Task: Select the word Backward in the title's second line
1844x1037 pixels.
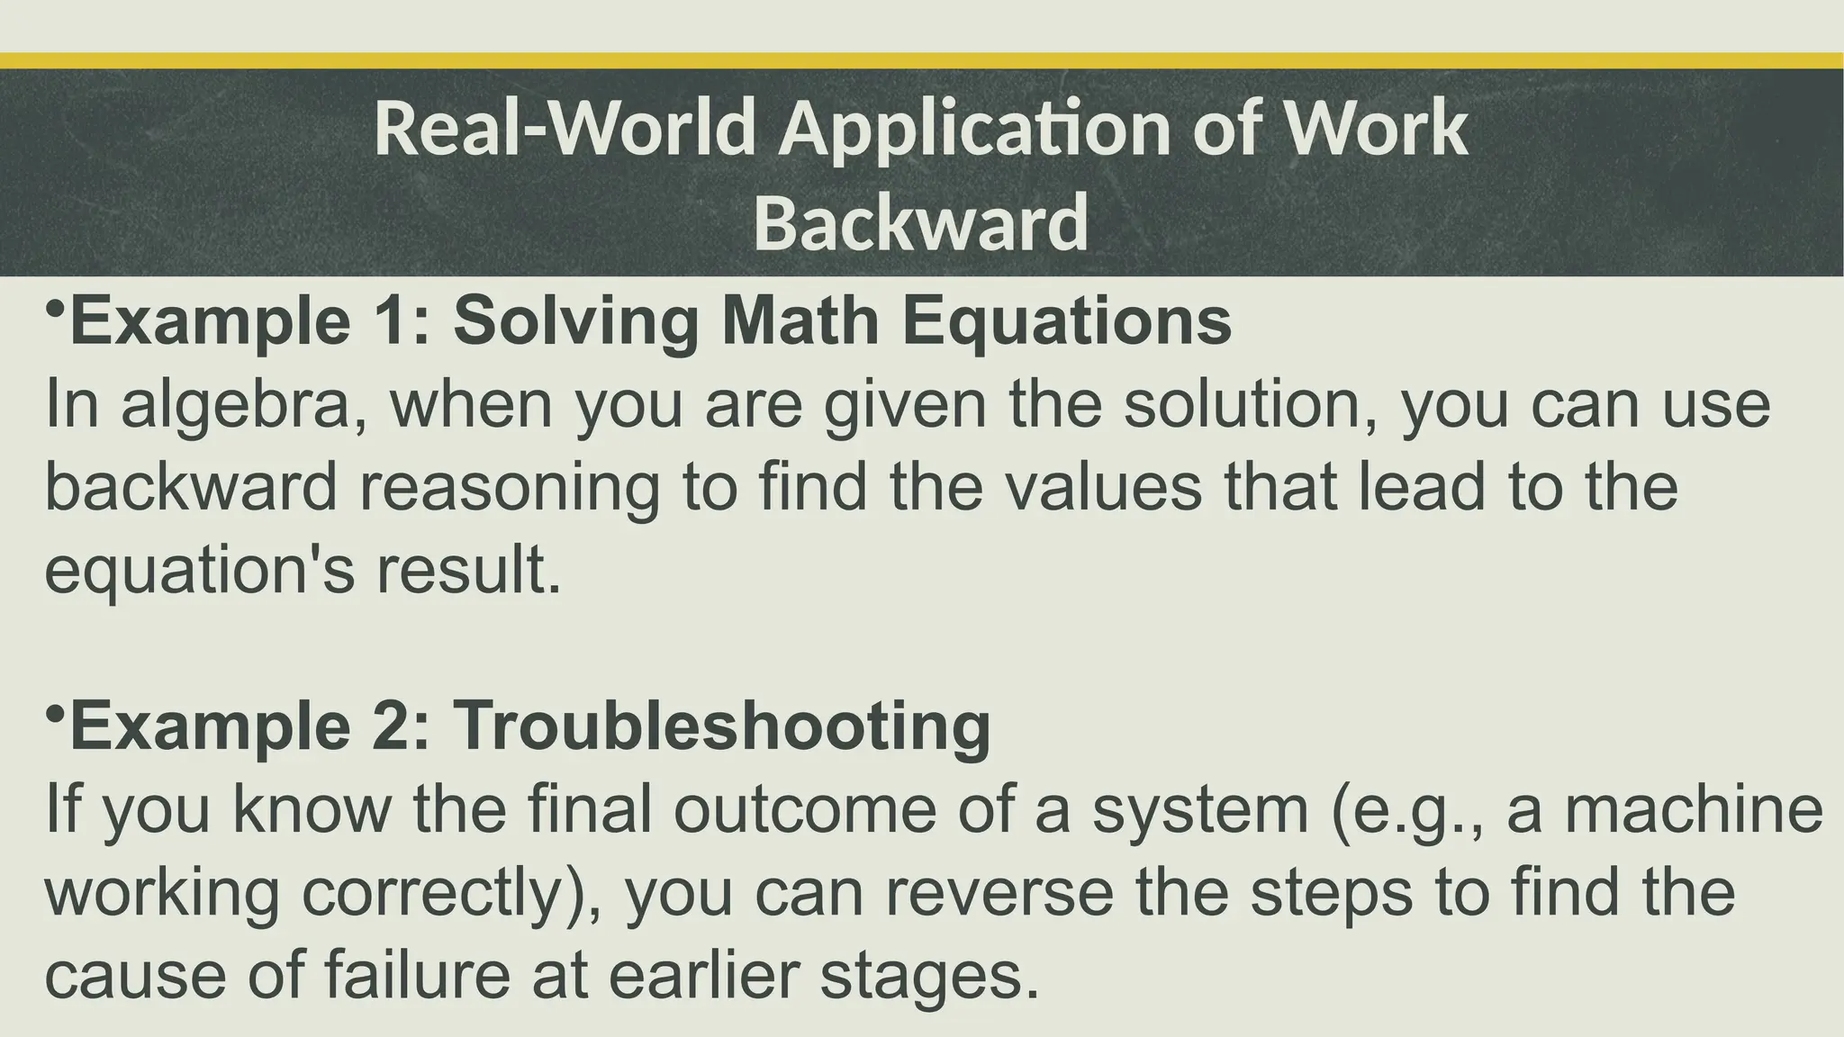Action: [921, 223]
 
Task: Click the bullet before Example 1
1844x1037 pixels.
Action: [55, 309]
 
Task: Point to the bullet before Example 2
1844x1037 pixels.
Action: [55, 714]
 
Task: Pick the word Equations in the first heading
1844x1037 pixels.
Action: [1067, 322]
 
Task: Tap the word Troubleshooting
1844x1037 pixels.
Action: [721, 726]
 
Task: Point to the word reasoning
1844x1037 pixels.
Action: [510, 489]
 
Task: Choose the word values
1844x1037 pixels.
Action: [1103, 487]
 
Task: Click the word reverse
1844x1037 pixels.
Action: [999, 892]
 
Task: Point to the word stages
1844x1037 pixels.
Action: [930, 976]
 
